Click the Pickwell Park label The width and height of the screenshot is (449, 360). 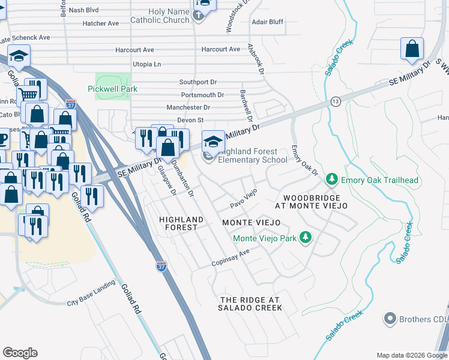[116, 89]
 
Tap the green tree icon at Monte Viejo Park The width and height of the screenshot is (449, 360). [306, 238]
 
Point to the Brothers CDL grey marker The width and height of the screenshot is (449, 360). [391, 318]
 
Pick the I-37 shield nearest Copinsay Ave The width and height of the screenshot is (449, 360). [161, 265]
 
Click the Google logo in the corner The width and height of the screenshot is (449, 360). [20, 353]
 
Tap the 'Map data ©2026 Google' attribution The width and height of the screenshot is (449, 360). [411, 355]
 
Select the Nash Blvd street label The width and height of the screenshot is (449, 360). [84, 10]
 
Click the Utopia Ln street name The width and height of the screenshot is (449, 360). [147, 64]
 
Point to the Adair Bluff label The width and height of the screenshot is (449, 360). [268, 22]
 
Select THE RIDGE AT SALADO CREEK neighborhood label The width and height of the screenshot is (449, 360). [251, 304]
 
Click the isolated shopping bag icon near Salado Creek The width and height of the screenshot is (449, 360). [412, 49]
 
